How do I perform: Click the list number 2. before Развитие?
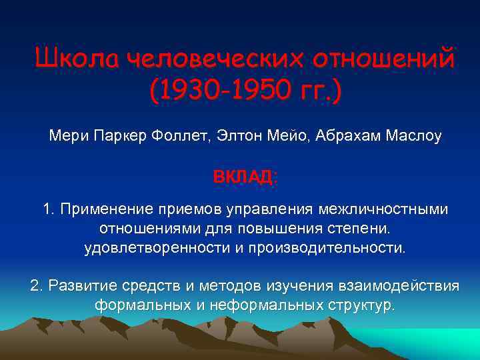pyautogui.click(x=37, y=286)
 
